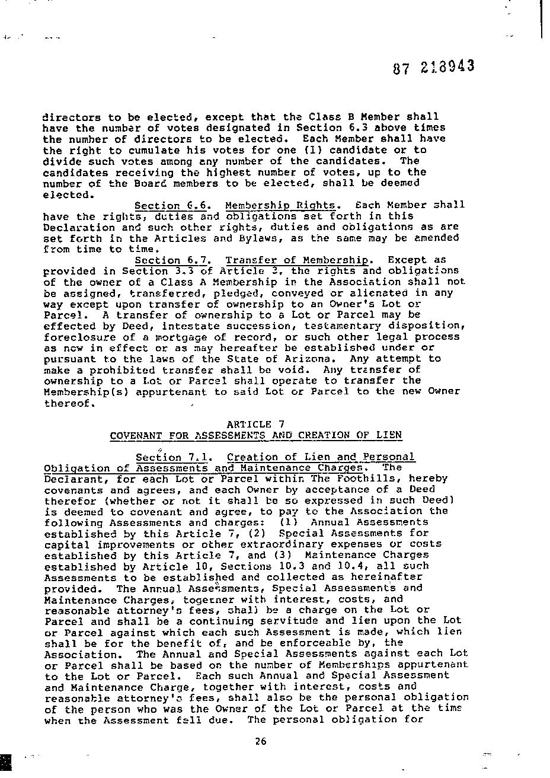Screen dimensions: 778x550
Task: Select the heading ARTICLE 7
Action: pos(255,424)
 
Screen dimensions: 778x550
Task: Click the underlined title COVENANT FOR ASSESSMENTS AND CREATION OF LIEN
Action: pos(255,435)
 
